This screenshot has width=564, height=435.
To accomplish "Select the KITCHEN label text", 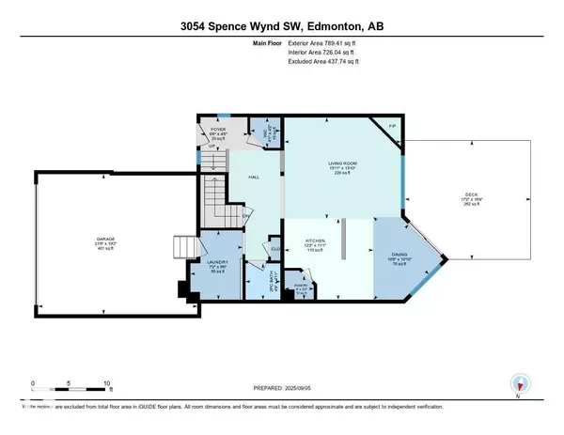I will pyautogui.click(x=314, y=241).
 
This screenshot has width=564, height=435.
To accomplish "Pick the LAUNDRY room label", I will pyautogui.click(x=218, y=262).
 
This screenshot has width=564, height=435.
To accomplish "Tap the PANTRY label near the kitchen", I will pyautogui.click(x=300, y=287).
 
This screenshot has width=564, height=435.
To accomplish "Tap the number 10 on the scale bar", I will pyautogui.click(x=107, y=383).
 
